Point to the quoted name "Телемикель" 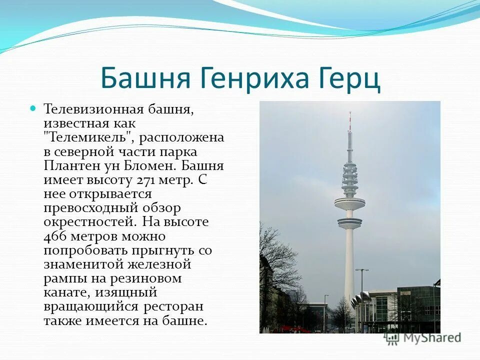coord(89,137)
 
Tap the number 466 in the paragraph coord(54,236)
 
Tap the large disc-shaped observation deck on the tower coord(349,203)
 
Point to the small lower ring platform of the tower coord(349,223)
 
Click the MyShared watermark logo coord(422,338)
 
